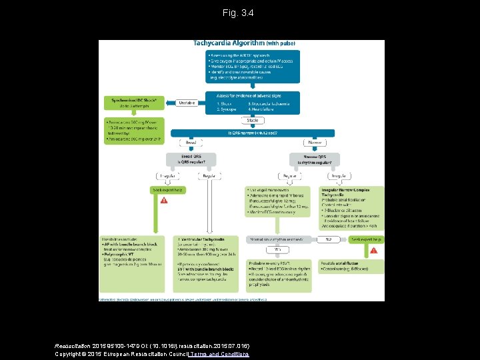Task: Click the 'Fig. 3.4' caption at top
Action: [239, 13]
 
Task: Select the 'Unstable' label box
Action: [186, 103]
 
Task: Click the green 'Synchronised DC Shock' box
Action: [133, 103]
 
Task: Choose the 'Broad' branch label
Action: [190, 142]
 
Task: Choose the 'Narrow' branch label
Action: [315, 142]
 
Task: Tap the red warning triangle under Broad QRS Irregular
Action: [164, 199]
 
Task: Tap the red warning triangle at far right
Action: [373, 250]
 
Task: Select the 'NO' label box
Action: [328, 239]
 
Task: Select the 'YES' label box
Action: [277, 249]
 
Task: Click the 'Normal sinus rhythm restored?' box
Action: [277, 239]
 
